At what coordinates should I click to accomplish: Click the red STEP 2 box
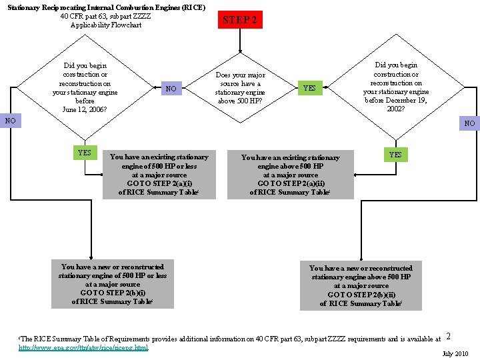pos(240,20)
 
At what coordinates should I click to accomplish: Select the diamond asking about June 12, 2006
pos(85,87)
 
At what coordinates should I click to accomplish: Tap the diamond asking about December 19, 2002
pos(396,87)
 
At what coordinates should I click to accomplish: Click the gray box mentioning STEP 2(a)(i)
pos(159,175)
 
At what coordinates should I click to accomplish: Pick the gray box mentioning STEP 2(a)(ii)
pos(290,175)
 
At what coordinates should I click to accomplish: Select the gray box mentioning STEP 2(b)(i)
pos(113,284)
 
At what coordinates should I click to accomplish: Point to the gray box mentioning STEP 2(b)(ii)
pos(361,285)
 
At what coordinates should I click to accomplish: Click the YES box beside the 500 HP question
pos(310,88)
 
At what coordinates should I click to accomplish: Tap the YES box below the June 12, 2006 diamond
pos(85,153)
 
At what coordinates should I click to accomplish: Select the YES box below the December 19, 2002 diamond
pos(395,155)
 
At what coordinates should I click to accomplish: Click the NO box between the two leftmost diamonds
pos(171,89)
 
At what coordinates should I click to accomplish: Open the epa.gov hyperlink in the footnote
pos(83,347)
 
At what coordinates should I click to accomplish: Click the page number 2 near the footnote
pos(449,337)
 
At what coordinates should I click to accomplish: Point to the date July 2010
pos(456,353)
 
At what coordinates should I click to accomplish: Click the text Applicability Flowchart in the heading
pos(106,25)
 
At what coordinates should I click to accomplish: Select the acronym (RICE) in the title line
pos(191,7)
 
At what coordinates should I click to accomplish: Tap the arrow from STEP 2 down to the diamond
pos(240,39)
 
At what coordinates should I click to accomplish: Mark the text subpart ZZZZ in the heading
pos(130,17)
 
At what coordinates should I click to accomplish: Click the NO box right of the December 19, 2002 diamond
pos(470,123)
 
